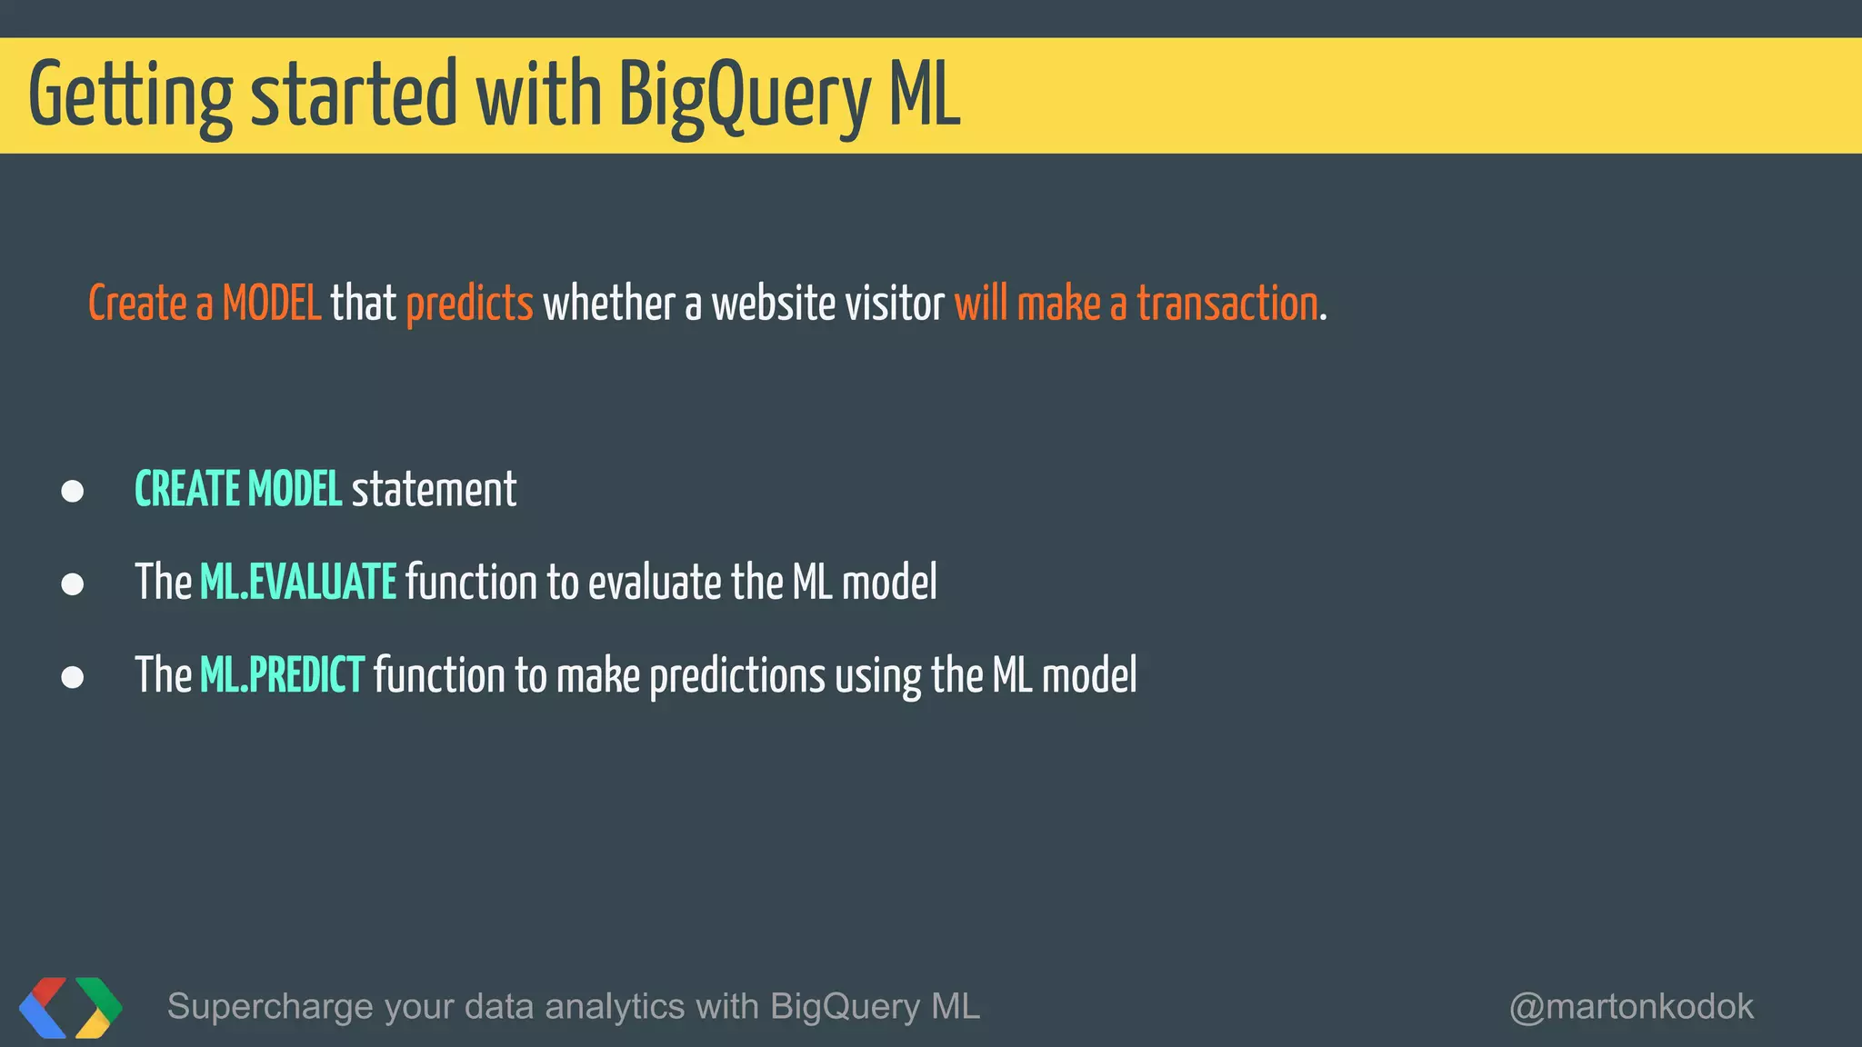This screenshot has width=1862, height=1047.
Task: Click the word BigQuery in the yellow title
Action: tap(744, 96)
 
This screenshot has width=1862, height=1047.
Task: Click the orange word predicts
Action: tap(469, 304)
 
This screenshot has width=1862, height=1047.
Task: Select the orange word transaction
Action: tap(1227, 304)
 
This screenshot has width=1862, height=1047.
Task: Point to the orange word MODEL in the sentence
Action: tap(272, 304)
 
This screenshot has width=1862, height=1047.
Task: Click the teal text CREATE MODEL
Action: tap(238, 490)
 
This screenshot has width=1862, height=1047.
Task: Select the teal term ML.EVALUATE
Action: tap(298, 583)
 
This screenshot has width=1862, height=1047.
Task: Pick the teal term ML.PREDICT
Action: tap(282, 675)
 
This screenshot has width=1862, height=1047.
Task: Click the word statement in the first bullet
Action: tap(434, 490)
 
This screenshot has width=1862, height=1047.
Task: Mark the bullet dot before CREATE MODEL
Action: tap(73, 492)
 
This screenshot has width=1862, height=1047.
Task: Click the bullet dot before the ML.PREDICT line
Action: tap(73, 677)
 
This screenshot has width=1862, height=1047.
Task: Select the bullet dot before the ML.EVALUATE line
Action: tap(73, 583)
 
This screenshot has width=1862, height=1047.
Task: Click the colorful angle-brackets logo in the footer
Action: tap(71, 1007)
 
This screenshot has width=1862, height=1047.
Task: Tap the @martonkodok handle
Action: tap(1631, 1007)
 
